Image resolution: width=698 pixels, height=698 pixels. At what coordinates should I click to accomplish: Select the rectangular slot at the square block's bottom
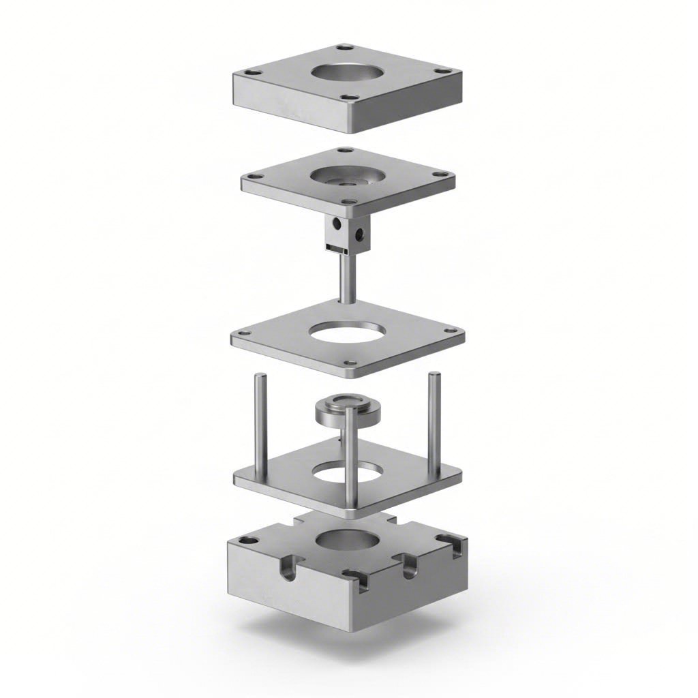pos(334,247)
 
